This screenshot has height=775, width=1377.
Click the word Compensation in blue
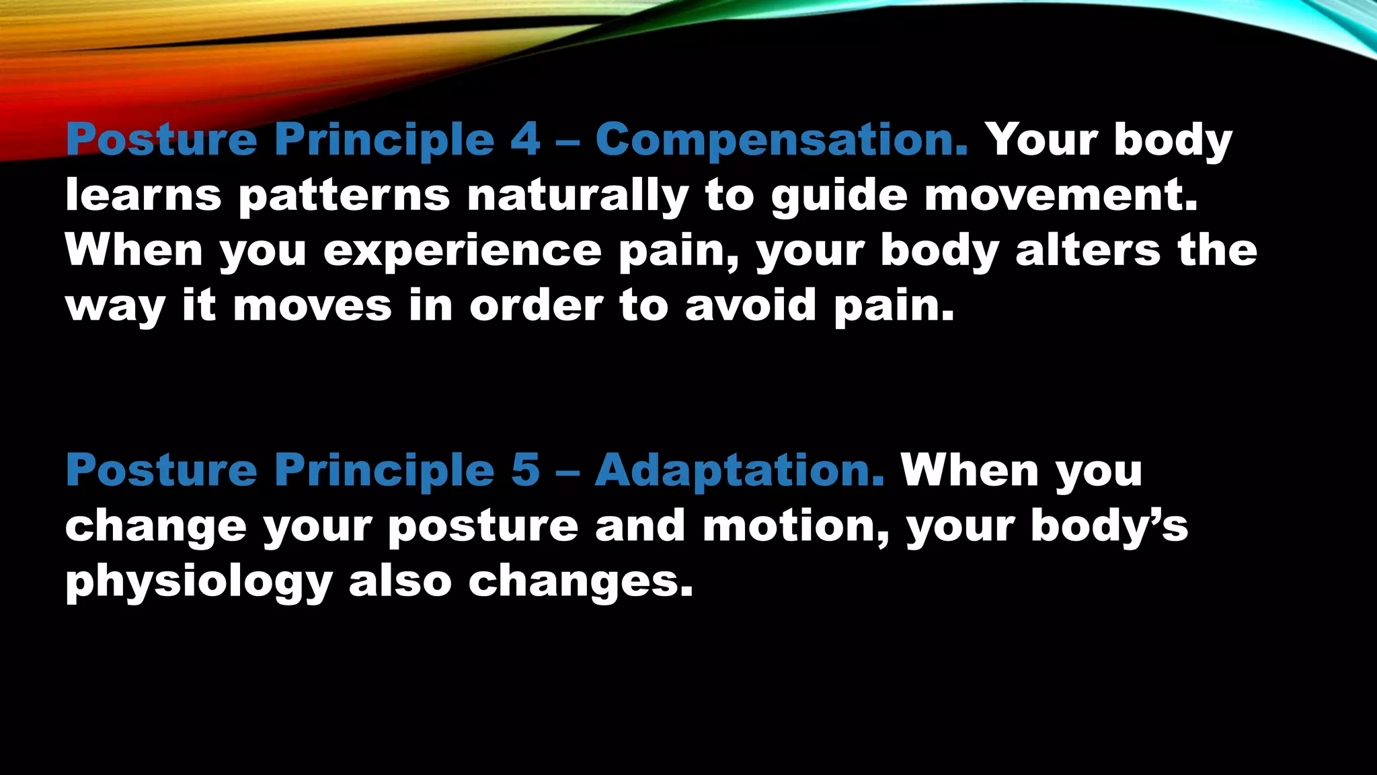click(x=781, y=140)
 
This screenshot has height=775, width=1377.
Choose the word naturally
click(x=578, y=196)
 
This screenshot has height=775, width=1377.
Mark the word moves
click(x=312, y=307)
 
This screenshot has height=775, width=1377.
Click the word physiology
click(x=199, y=583)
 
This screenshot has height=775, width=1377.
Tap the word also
click(x=400, y=581)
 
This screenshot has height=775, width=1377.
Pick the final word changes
click(x=580, y=583)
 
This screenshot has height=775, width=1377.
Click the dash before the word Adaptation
click(x=567, y=471)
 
